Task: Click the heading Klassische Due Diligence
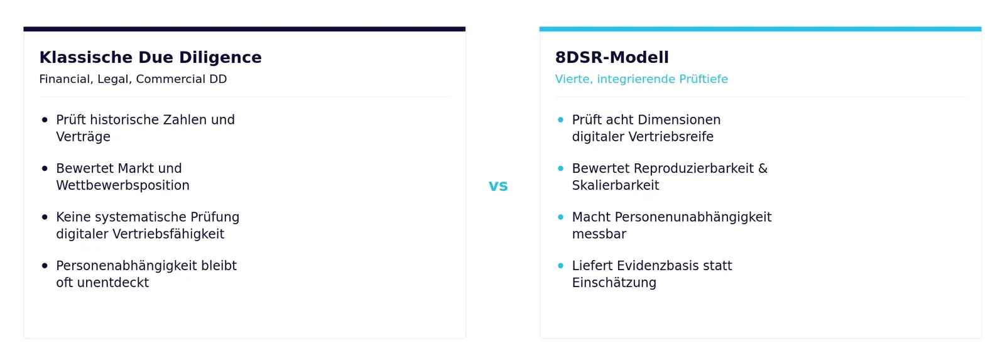pos(150,57)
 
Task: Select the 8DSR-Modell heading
pos(612,57)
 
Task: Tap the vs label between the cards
pos(498,186)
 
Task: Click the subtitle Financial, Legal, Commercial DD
pos(133,79)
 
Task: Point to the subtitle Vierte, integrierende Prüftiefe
pos(641,79)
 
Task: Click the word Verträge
pos(83,136)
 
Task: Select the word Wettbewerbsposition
pos(122,185)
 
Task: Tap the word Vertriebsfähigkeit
pos(168,234)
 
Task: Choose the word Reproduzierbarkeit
pos(693,169)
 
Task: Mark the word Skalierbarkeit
pos(616,185)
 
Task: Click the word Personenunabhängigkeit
pos(693,217)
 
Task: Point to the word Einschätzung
pos(614,283)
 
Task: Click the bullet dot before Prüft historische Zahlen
pos(45,120)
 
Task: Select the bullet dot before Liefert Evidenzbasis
pos(560,266)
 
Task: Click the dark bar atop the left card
pos(244,29)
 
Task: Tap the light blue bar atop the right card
pos(761,29)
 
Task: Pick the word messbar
pos(599,234)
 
